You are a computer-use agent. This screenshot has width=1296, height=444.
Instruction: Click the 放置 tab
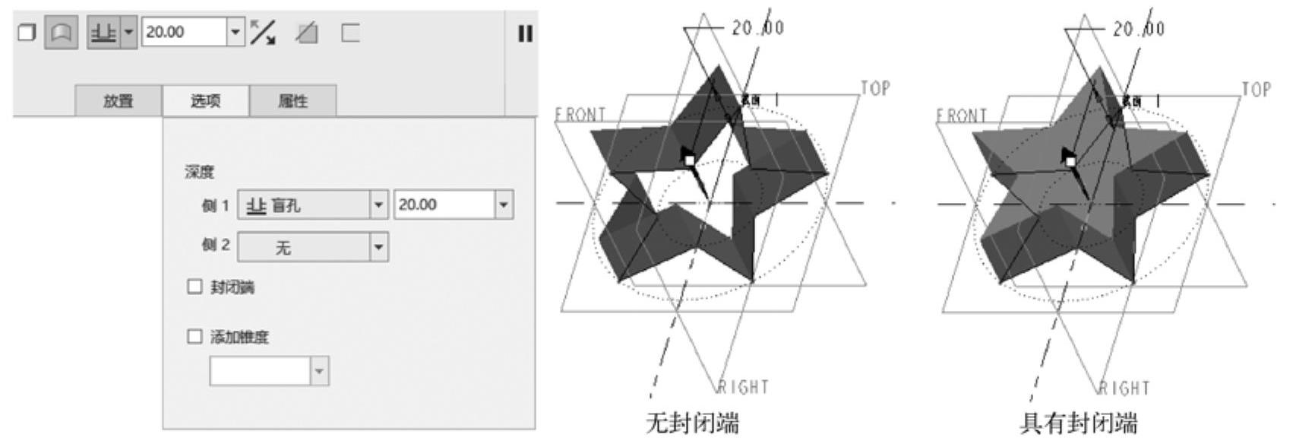[x=118, y=101]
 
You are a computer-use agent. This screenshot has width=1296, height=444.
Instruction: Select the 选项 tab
[x=205, y=101]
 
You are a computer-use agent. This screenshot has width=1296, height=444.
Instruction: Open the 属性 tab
[x=293, y=101]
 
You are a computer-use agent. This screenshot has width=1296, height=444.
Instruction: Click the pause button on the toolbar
[x=525, y=33]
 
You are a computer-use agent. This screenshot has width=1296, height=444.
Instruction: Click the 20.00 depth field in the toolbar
[x=185, y=32]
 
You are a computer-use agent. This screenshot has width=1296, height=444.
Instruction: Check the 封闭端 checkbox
[x=195, y=287]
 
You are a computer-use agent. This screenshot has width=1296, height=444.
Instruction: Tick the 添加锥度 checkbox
[x=195, y=336]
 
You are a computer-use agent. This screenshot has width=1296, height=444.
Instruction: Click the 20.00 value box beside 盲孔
[x=444, y=205]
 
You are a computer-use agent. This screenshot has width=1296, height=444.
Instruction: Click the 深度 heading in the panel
[x=199, y=173]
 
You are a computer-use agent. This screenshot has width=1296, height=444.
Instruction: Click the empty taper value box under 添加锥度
[x=260, y=371]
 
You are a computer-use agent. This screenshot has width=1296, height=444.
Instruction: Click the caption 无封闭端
[x=691, y=423]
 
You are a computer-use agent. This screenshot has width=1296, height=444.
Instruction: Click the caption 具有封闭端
[x=1078, y=423]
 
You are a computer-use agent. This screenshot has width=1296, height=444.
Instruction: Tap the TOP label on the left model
[x=875, y=88]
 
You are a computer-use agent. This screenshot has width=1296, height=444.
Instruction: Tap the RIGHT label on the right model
[x=1124, y=388]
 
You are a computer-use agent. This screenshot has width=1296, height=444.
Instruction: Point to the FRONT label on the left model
[x=580, y=115]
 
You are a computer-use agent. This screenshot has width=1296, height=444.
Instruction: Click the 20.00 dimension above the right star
[x=1138, y=29]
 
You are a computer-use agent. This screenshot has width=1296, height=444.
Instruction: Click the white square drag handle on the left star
[x=689, y=160]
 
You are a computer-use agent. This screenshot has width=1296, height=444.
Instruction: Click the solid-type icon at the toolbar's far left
[x=27, y=33]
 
